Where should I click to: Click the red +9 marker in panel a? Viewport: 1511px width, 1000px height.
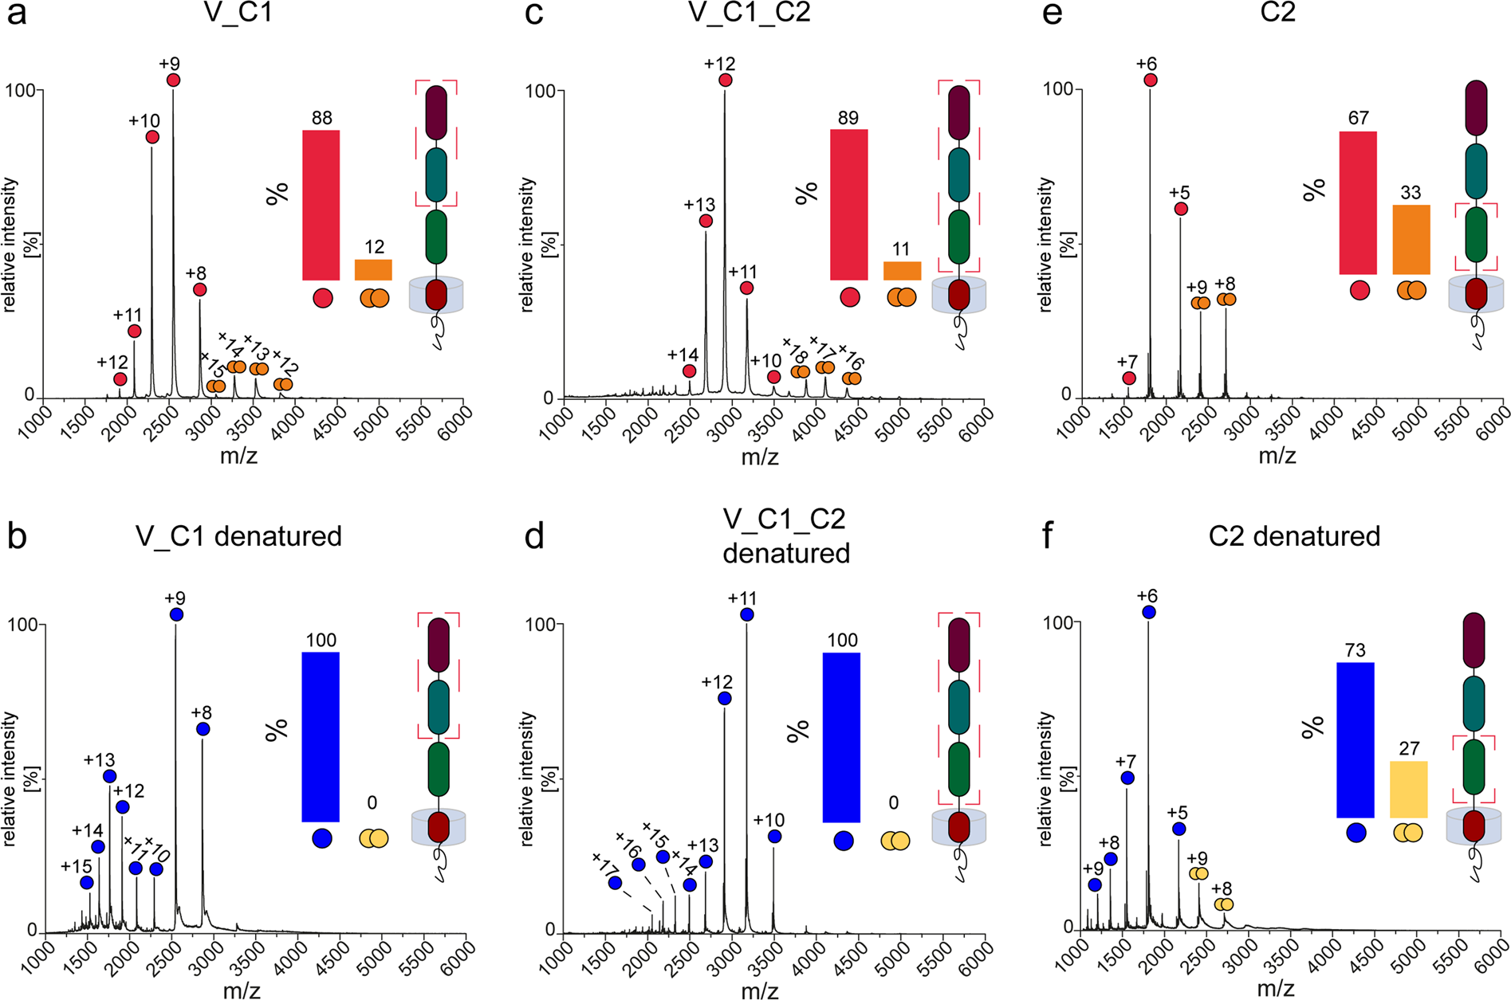[x=173, y=80]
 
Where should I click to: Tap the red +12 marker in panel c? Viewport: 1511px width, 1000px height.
[x=725, y=80]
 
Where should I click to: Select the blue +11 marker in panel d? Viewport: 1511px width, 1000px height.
[x=746, y=614]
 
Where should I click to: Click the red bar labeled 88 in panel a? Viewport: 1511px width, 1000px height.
[x=321, y=205]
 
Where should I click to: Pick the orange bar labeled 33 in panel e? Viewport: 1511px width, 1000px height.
[x=1411, y=240]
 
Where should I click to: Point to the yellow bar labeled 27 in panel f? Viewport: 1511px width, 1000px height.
[x=1408, y=789]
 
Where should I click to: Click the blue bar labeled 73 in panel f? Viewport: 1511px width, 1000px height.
[x=1356, y=739]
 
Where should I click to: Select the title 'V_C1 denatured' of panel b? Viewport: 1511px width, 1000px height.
[x=238, y=536]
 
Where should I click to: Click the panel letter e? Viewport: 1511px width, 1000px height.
[x=1053, y=14]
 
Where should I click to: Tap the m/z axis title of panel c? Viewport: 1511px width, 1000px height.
[x=760, y=457]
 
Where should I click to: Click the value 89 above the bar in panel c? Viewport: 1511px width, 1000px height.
[x=848, y=118]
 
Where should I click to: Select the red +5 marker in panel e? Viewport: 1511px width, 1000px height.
[x=1181, y=209]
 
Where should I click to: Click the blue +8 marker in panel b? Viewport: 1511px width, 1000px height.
[x=203, y=729]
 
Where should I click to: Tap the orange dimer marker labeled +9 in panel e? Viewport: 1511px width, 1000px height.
[x=1201, y=303]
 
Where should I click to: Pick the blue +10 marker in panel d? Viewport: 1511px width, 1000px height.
[x=774, y=837]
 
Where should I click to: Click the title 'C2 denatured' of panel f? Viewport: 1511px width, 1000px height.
[x=1294, y=536]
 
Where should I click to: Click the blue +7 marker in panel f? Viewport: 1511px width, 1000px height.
[x=1127, y=778]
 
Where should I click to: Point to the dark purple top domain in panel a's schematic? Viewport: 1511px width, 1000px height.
[x=436, y=112]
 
